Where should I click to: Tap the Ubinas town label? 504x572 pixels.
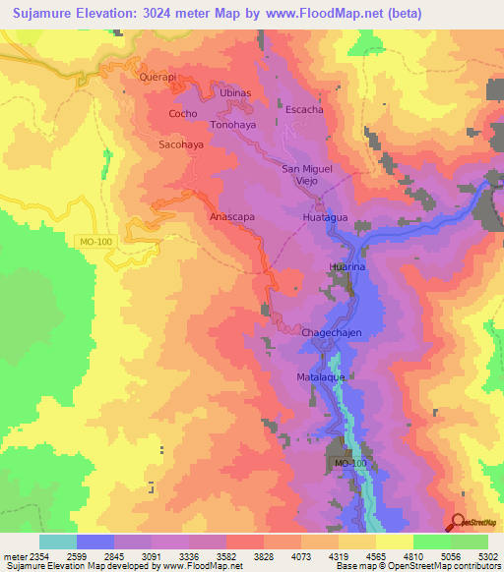tap(236, 91)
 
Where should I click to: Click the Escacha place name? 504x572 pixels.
tap(304, 109)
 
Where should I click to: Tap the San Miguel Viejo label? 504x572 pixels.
tap(307, 175)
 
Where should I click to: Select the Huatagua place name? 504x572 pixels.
tap(326, 217)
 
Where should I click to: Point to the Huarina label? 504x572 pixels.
tap(346, 265)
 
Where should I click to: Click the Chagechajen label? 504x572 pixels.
tap(332, 333)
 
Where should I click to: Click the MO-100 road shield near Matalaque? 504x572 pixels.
tap(349, 463)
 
